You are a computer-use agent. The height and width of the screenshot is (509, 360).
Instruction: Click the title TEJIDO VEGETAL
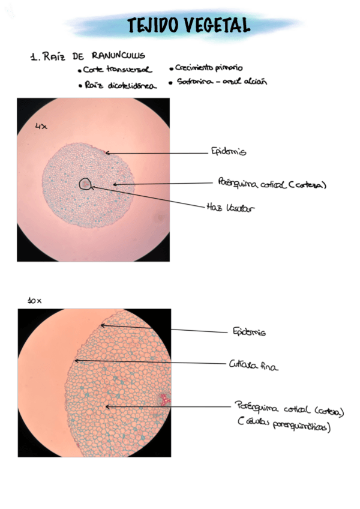point(188,25)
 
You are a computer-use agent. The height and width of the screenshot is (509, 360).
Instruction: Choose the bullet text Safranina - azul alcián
point(221,82)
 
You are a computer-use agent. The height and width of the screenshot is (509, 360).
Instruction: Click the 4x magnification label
point(41,127)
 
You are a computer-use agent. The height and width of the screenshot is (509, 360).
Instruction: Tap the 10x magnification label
point(34,300)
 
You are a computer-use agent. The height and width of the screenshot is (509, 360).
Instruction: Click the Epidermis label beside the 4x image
point(228,152)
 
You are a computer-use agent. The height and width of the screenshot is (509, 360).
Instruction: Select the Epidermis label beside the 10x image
point(248,331)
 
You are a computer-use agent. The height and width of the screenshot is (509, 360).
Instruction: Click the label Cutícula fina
point(253,364)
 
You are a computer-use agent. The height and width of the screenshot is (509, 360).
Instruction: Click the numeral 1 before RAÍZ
point(32,58)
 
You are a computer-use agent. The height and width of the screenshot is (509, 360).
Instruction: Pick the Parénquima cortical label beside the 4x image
point(272,183)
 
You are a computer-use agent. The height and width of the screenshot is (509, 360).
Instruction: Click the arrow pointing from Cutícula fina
point(150,362)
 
